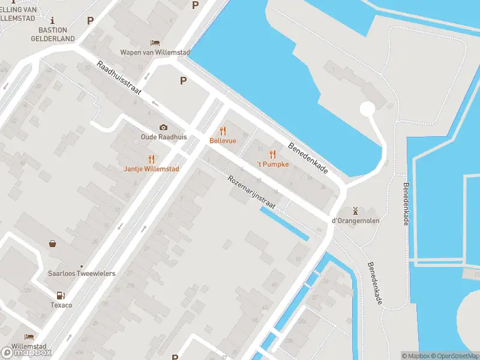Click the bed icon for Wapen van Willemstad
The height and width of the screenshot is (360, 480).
[155, 43]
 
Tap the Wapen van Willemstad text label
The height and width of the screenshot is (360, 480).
[155, 53]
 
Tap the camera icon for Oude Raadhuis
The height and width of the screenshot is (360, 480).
[163, 127]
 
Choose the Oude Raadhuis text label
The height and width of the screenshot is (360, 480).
[163, 137]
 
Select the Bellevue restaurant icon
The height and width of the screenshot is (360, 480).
[223, 130]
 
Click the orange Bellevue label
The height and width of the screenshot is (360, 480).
[223, 140]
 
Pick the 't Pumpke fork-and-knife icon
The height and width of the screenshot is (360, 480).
[273, 154]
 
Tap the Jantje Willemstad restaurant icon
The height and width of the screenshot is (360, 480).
[151, 159]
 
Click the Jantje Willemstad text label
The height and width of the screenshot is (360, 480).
[151, 169]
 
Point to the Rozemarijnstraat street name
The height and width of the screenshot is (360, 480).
[251, 192]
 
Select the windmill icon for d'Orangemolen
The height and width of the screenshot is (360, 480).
[356, 211]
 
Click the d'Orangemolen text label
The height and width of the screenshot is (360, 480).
[356, 221]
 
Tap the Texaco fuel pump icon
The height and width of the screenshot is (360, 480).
[60, 295]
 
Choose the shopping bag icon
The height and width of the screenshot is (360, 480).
[53, 244]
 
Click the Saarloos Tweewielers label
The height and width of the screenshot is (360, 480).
[82, 274]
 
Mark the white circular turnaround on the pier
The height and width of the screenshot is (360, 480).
[367, 109]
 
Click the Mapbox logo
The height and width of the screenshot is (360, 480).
[26, 352]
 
